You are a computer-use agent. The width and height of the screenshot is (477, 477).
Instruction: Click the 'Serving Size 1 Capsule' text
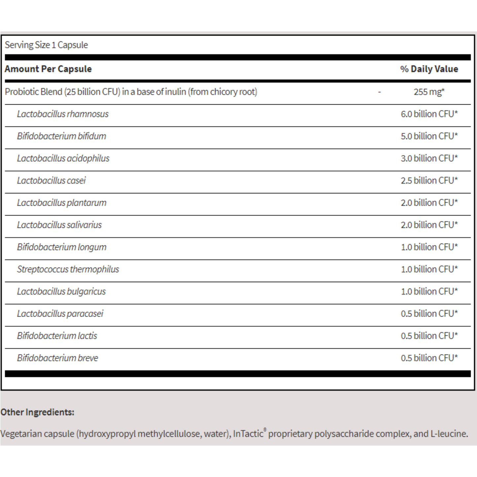46,45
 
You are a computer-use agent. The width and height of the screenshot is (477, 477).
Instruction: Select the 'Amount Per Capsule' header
48,69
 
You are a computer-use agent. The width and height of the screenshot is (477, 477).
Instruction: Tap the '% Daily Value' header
429,69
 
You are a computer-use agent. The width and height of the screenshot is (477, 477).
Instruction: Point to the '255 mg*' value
429,92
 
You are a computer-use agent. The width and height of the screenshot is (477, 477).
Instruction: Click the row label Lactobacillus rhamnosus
63,114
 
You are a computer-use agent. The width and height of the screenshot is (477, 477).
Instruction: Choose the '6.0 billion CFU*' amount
429,114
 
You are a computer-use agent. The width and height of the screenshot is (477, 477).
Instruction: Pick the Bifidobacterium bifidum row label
62,136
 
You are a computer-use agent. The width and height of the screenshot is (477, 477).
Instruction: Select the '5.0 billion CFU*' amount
429,136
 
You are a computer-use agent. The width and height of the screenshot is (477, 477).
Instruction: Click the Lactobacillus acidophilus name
63,158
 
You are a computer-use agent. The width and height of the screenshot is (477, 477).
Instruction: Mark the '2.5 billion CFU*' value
429,181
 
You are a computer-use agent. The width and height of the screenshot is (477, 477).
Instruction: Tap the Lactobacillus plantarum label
62,203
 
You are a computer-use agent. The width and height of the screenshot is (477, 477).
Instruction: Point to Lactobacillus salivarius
59,225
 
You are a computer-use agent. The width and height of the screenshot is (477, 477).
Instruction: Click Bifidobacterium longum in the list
62,247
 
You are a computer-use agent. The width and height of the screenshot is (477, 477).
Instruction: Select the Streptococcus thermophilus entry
68,269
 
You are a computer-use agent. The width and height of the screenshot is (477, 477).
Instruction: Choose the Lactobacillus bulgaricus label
61,291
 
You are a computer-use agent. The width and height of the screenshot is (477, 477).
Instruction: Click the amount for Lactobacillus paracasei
429,314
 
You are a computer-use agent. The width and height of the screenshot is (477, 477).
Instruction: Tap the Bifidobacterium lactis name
57,336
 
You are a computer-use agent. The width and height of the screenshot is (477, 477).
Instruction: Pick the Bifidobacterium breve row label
58,358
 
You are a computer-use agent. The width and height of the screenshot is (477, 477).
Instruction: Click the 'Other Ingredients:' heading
37,412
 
